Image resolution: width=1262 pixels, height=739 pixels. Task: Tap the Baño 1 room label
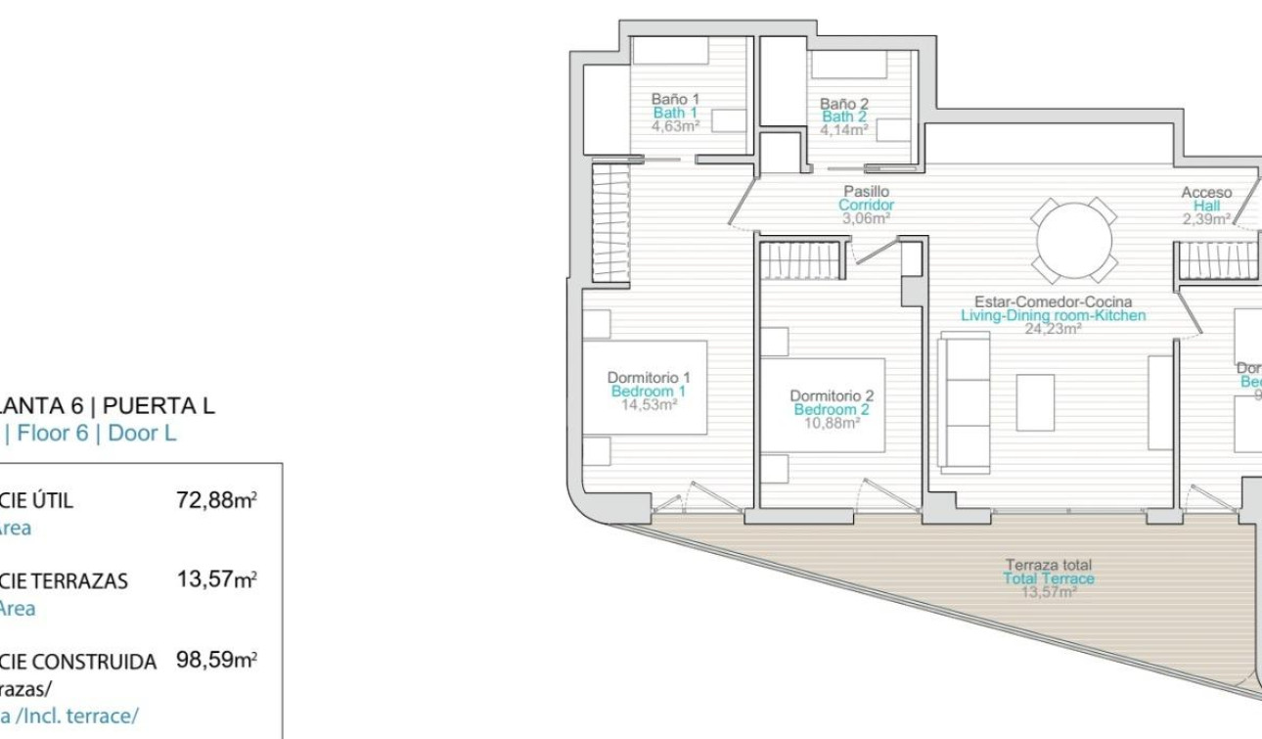point(675,99)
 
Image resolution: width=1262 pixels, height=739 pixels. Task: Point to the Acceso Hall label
point(1206,194)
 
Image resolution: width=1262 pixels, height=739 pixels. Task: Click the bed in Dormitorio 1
point(646,387)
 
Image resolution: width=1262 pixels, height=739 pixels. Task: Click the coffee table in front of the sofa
point(1034,402)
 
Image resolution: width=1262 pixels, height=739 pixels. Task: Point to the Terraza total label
point(1049,565)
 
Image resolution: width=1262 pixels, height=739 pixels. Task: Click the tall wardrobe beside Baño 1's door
point(610,221)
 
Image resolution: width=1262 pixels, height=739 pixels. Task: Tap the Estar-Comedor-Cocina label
point(1053,302)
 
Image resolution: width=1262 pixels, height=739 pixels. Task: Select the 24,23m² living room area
point(1053,330)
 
